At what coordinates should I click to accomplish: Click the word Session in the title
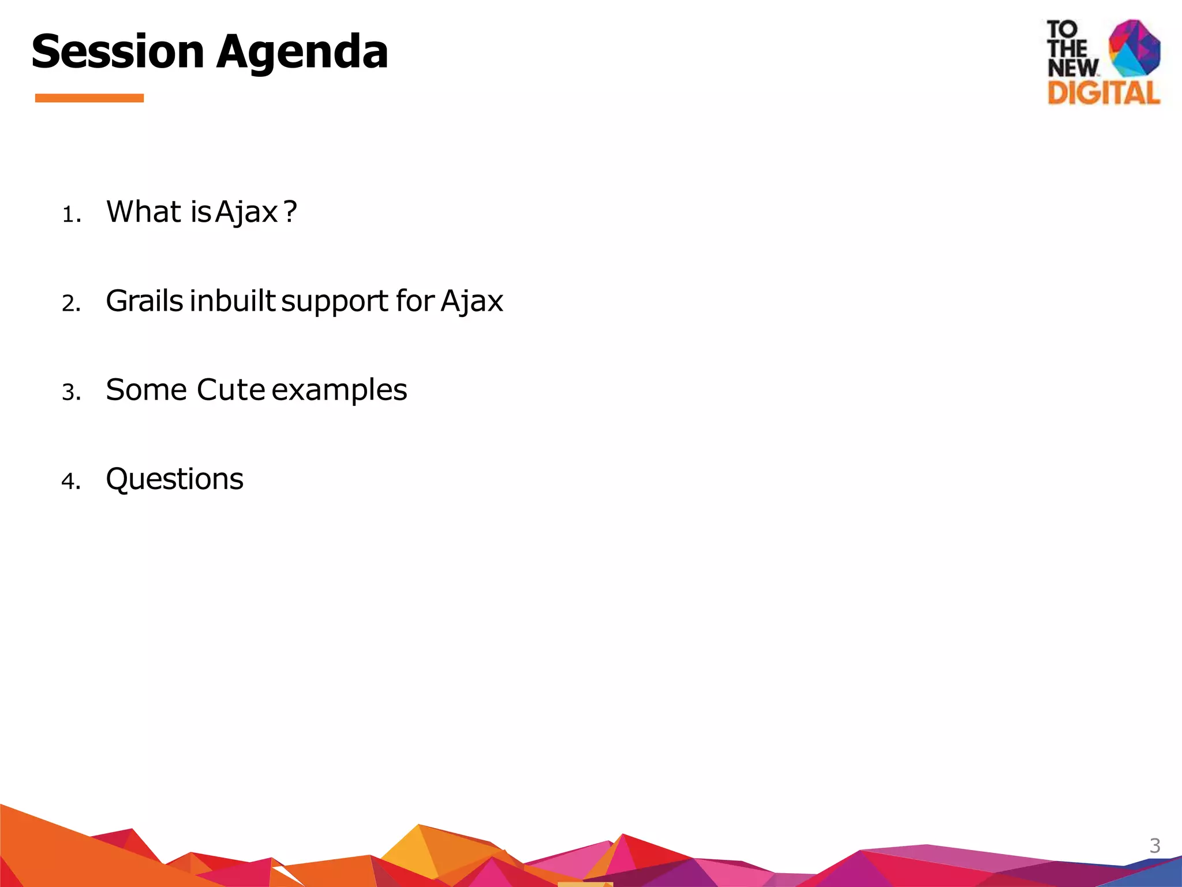point(118,52)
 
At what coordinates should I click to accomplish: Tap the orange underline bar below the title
point(89,98)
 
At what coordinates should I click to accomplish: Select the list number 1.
point(70,215)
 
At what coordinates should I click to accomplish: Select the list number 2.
point(70,304)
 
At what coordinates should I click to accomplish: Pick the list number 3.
point(70,393)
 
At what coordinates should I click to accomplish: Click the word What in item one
point(144,211)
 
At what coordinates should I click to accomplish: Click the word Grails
point(144,301)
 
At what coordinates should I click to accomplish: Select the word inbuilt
point(233,301)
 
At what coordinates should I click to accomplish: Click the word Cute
point(230,390)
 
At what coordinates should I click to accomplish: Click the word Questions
point(174,479)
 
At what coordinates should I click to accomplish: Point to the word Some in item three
point(147,390)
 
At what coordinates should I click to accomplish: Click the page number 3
point(1154,846)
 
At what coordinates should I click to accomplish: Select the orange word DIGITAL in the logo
point(1104,93)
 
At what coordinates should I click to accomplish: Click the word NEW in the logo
point(1073,68)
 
